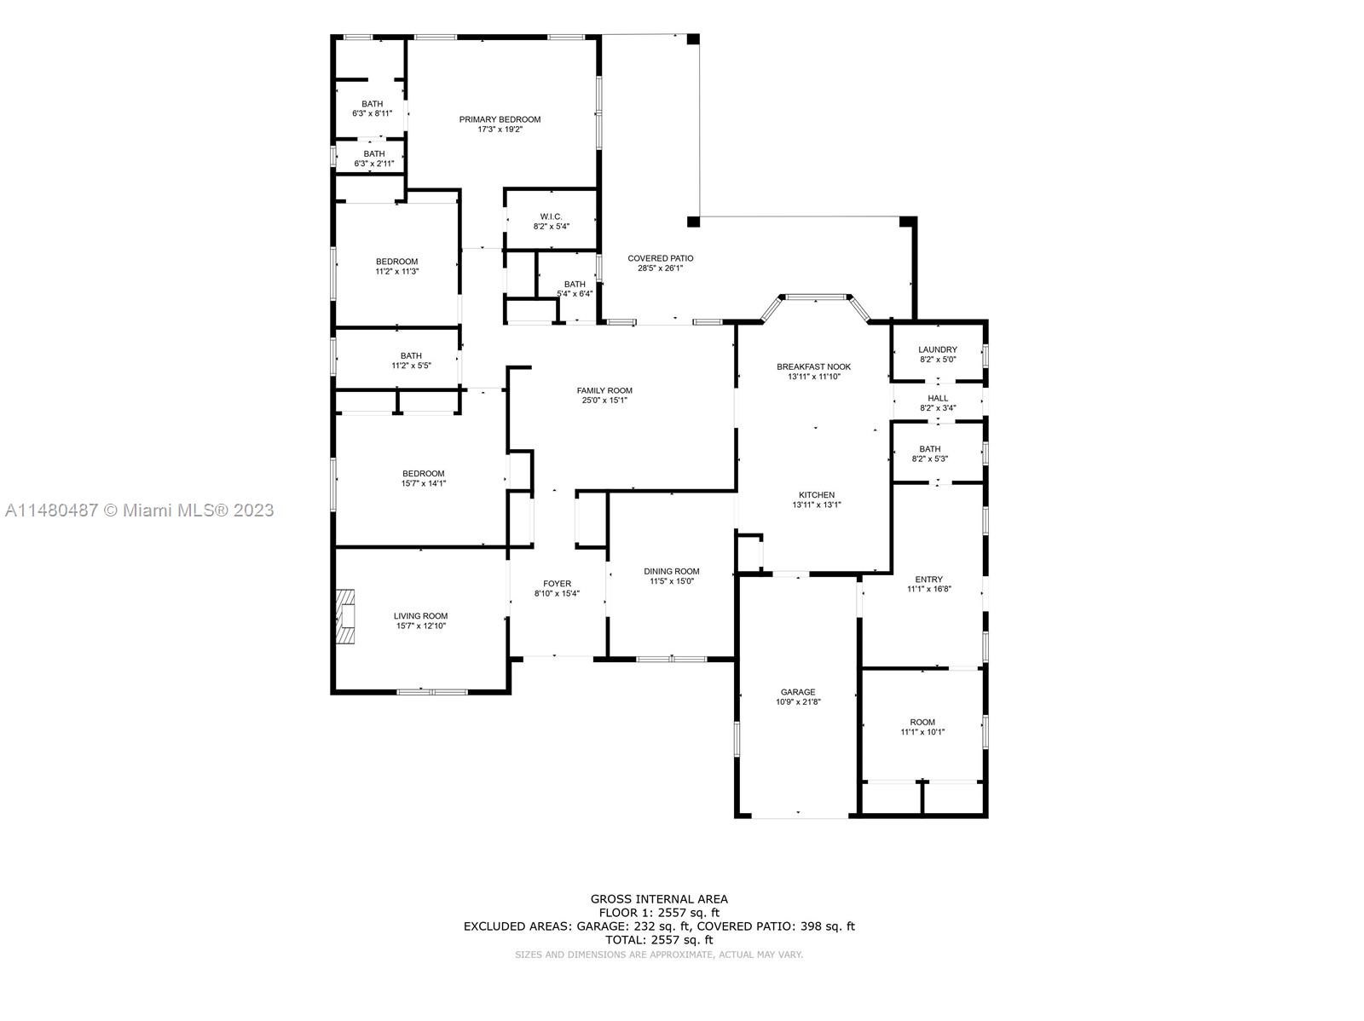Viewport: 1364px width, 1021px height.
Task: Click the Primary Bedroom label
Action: [x=500, y=119]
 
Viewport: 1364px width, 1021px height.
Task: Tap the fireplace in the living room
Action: [x=345, y=617]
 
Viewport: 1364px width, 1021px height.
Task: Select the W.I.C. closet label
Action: [x=551, y=216]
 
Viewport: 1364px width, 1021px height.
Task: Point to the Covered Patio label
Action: [x=660, y=258]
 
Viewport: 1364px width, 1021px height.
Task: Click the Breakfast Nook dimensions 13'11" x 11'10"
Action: [x=813, y=377]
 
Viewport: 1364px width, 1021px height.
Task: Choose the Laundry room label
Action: [x=938, y=349]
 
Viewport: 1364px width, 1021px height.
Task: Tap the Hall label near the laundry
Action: [x=938, y=398]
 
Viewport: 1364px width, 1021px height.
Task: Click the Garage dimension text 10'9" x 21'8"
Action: [x=798, y=701]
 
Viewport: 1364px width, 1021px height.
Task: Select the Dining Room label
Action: [x=671, y=571]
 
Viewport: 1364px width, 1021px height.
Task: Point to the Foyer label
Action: [x=557, y=584]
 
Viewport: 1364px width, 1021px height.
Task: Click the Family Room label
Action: [x=604, y=390]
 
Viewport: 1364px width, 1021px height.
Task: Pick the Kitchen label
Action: [x=817, y=495]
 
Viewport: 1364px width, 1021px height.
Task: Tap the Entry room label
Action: [x=929, y=580]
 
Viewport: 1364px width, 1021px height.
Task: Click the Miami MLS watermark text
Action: [x=140, y=510]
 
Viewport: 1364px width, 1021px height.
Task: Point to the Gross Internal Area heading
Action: [x=659, y=898]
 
